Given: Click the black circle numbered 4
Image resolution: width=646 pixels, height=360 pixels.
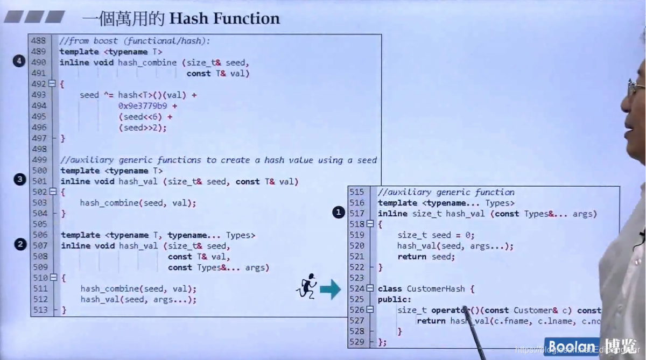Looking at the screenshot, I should (x=19, y=61).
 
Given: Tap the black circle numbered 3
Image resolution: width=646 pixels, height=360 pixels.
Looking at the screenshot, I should (x=20, y=180).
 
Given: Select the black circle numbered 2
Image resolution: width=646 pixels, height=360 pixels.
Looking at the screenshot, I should (x=20, y=244).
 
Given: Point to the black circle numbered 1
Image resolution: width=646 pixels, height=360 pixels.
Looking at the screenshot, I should (x=338, y=213).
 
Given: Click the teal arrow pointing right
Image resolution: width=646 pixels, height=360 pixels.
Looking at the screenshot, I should (x=330, y=290).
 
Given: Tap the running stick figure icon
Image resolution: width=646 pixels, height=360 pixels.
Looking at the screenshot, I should (x=307, y=286).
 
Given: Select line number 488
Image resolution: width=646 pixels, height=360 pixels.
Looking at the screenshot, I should (x=39, y=41).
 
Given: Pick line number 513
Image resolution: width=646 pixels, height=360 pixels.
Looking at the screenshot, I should (x=39, y=310).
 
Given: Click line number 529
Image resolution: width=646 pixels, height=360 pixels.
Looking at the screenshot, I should (x=356, y=342).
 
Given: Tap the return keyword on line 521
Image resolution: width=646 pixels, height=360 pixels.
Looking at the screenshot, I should (x=412, y=257).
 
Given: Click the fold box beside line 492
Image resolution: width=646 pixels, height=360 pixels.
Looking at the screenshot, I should (x=52, y=84).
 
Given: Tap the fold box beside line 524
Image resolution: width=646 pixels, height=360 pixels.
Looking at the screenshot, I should (x=370, y=288).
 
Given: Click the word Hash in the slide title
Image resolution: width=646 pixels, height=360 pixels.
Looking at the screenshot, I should (x=188, y=19).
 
